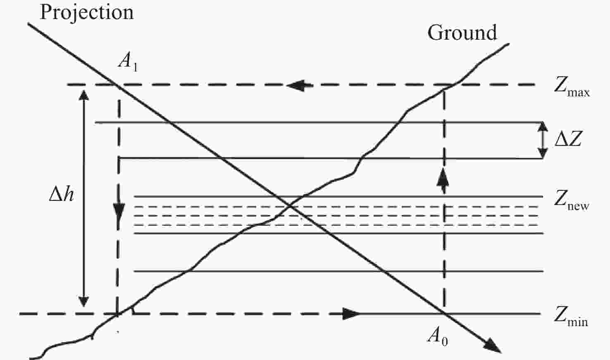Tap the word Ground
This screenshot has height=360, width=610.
pos(462,33)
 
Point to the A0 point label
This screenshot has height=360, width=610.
pos(438,336)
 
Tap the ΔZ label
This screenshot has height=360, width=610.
pos(568,139)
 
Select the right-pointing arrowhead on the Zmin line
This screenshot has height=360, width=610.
pos(352,314)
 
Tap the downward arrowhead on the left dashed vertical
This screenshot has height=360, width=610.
pos(119,213)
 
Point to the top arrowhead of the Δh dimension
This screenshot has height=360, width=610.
pos(83,96)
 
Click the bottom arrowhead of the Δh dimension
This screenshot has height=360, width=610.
pos(83,301)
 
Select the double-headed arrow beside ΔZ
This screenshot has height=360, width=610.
pos(543,140)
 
